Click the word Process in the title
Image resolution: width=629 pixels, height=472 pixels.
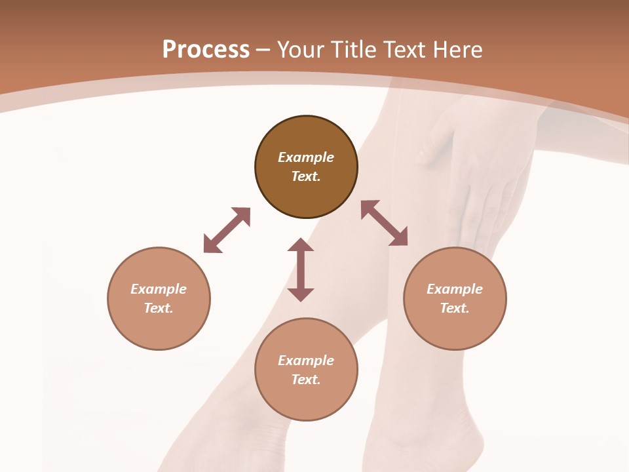click(206, 49)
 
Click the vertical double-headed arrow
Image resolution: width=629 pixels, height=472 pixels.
click(301, 269)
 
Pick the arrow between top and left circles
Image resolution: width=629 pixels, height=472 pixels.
click(227, 230)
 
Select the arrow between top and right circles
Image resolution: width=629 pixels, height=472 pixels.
click(385, 223)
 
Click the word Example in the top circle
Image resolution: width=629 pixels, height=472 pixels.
click(306, 157)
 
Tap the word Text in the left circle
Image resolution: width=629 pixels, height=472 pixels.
click(159, 308)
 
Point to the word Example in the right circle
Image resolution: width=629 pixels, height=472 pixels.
click(455, 289)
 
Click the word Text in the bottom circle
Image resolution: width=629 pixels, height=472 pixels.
click(306, 380)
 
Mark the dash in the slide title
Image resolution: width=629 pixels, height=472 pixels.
click(263, 50)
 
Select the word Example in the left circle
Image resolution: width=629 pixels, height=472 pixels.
click(159, 289)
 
